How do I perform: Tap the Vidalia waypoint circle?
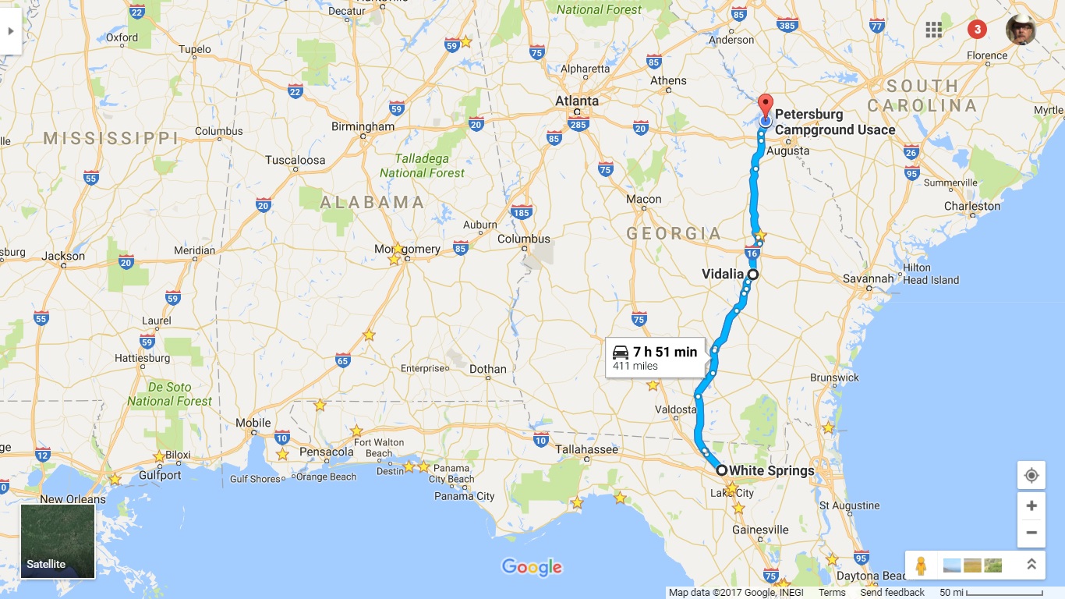point(753,275)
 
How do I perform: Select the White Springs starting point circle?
point(722,470)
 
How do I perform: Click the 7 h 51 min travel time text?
point(664,352)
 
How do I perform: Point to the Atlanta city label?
point(577,101)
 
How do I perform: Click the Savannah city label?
point(868,278)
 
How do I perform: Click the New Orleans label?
point(73,499)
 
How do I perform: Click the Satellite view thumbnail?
point(58,541)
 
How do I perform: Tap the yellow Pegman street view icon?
point(921,565)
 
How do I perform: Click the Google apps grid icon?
point(933,30)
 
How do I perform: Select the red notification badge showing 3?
point(977,30)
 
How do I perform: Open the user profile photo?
point(1021,30)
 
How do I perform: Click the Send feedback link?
point(892,593)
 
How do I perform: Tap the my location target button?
point(1031,476)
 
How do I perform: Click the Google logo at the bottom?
point(532,567)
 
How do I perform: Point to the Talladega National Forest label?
point(422,165)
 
